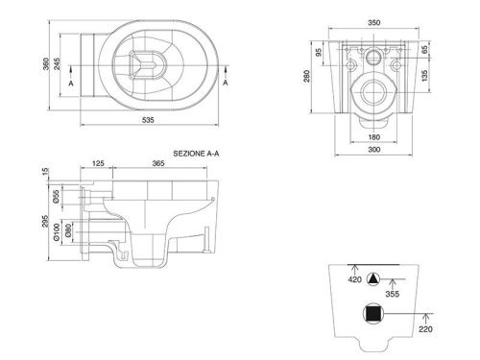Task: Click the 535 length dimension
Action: coord(148,120)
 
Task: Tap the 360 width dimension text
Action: coord(46,64)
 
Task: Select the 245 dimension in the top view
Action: coord(57,64)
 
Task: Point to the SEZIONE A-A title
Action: coord(196,154)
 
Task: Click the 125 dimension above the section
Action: coord(98,163)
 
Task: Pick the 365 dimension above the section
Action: coord(158,163)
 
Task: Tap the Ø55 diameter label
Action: coord(56,197)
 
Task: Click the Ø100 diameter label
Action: coord(56,232)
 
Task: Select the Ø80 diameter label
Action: coord(68,230)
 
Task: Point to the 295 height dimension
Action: coord(45,221)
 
